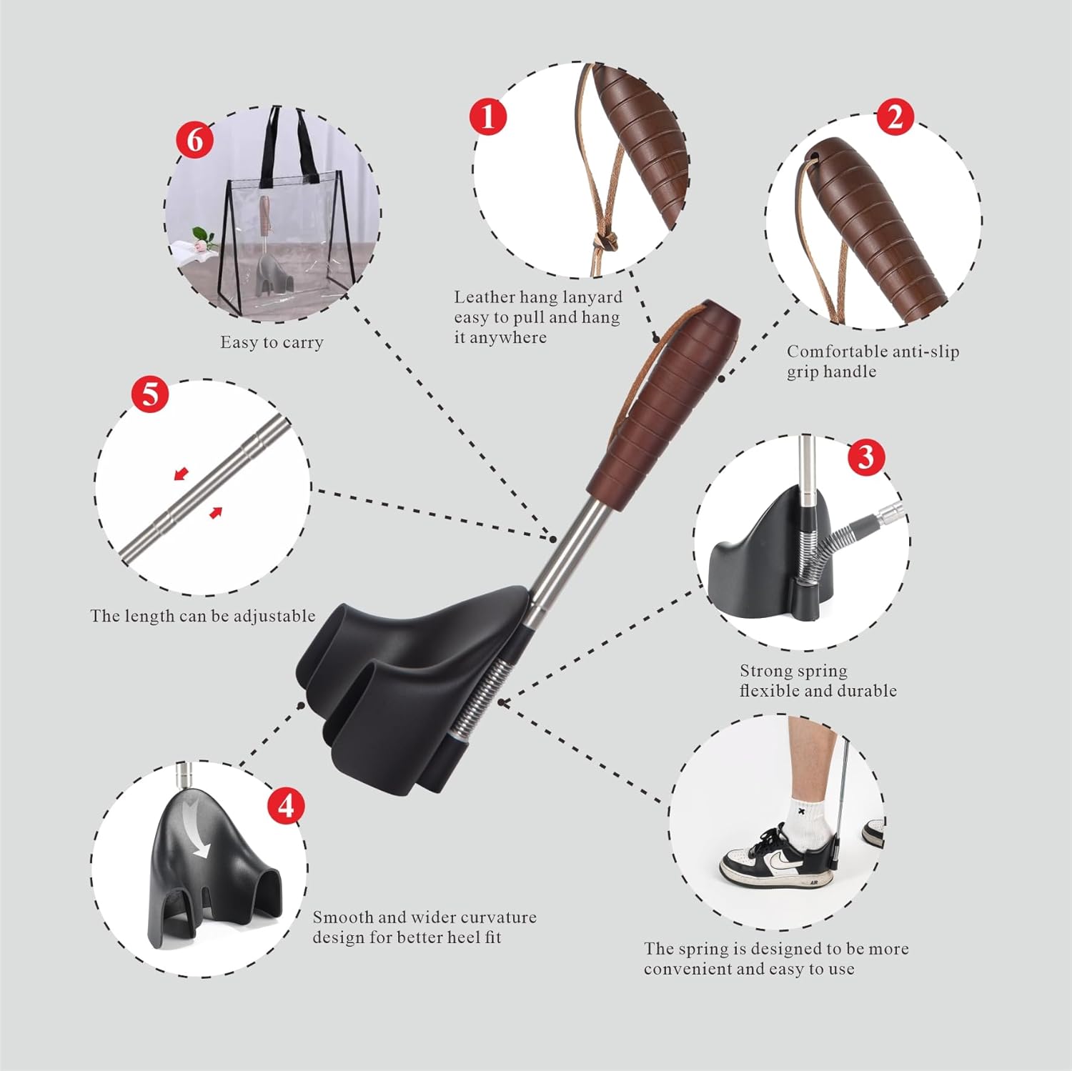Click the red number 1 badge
coord(488,116)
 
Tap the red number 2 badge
coord(895,116)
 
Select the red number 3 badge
coord(866,457)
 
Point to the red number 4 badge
coord(286,806)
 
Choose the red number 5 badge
coord(150,394)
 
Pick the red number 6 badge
coord(195,140)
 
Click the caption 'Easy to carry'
coord(272,342)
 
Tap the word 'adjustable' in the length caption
coord(274,616)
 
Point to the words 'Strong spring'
coord(793,671)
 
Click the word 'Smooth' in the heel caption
coord(342,917)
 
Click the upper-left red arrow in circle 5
coord(182,474)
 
